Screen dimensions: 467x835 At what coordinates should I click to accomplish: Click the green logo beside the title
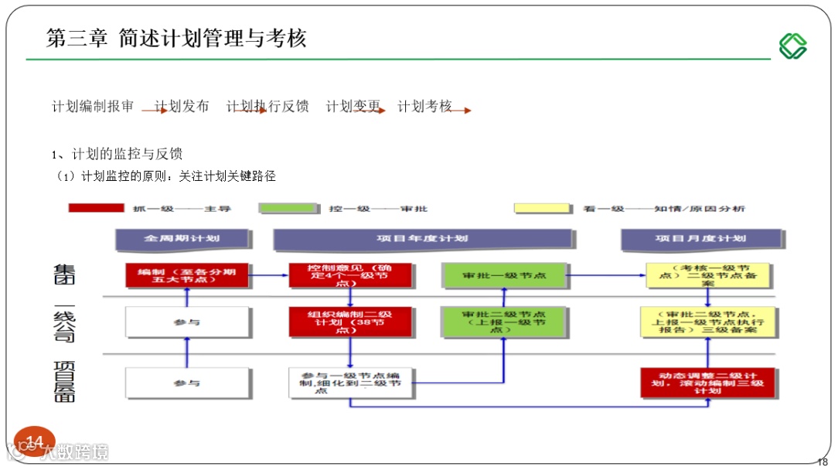pyautogui.click(x=792, y=46)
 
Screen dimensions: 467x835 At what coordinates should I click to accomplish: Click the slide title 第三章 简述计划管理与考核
pyautogui.click(x=176, y=39)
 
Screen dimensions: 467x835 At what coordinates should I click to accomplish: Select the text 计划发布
pyautogui.click(x=182, y=107)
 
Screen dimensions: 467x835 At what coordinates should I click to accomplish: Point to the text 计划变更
pyautogui.click(x=353, y=107)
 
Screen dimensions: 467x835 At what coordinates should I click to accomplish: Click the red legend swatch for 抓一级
pyautogui.click(x=96, y=208)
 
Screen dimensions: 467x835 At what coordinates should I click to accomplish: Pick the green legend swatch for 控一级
pyautogui.click(x=288, y=208)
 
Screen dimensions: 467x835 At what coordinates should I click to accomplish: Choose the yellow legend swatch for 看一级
pyautogui.click(x=542, y=208)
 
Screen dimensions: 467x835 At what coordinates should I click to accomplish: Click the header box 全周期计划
pyautogui.click(x=182, y=239)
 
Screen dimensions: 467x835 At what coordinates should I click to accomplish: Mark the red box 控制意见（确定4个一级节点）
pyautogui.click(x=350, y=275)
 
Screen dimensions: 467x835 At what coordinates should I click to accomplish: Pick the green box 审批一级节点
pyautogui.click(x=504, y=275)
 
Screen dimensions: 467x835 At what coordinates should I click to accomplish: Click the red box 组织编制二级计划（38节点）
pyautogui.click(x=350, y=322)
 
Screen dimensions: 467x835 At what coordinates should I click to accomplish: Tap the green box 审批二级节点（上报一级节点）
pyautogui.click(x=504, y=322)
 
